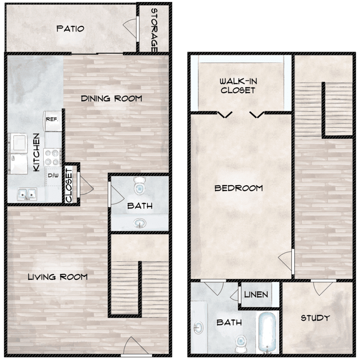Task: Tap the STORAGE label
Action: pos(154,30)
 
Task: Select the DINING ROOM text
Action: pos(111,98)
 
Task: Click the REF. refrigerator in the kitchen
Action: pos(53,121)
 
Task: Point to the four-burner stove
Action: pos(52,157)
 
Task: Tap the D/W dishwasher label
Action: pos(53,176)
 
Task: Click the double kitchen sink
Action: pos(27,194)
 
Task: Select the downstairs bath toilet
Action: pos(139,185)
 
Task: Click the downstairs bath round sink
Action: pos(140,223)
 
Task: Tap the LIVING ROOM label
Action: pos(58,277)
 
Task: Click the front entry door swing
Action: pos(136,346)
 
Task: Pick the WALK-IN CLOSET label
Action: pos(238,85)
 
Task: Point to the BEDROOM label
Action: pos(239,188)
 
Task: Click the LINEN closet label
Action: pos(256,295)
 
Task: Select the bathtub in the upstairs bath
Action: pos(267,333)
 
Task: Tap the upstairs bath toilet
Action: pos(240,344)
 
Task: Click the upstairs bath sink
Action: pos(198,328)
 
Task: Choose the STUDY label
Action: pos(315,318)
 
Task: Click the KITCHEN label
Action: pos(36,153)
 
